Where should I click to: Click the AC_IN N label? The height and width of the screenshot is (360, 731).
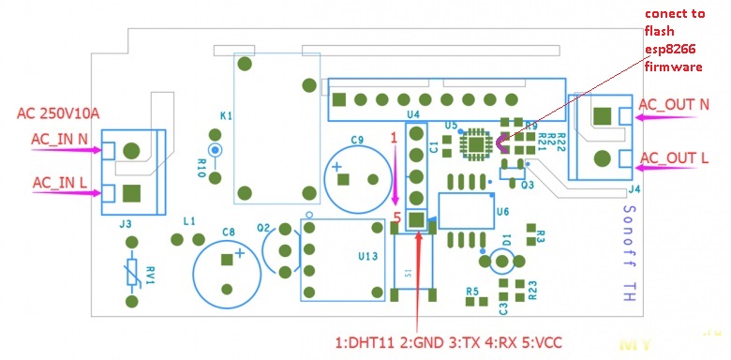pos(60,140)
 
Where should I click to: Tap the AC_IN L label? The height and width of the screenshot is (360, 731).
pos(59,182)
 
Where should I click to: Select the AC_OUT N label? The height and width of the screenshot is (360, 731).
pos(673,105)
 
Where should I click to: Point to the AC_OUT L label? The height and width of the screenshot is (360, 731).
pos(673,158)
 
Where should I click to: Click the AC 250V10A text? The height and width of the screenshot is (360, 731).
pos(58,113)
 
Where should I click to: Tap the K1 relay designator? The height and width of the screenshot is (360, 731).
pos(226,115)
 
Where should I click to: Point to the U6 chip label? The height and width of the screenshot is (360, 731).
pos(502,212)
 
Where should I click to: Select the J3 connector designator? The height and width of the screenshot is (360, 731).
pos(125,225)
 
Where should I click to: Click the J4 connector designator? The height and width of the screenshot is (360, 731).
pos(634,189)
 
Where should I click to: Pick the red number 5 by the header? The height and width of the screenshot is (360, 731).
pos(397,216)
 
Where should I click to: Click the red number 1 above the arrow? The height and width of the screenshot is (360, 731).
pos(395,137)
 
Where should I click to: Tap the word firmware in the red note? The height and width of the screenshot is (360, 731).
pos(672,67)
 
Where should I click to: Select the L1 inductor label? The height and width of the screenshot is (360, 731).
pos(188,221)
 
